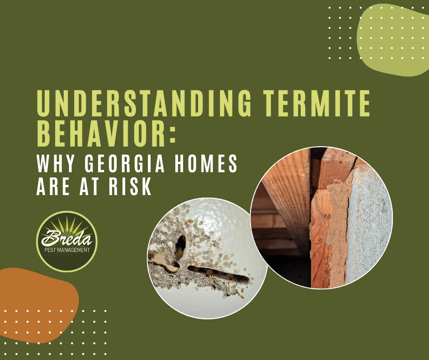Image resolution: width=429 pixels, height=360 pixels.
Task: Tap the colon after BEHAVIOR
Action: [173, 133]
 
